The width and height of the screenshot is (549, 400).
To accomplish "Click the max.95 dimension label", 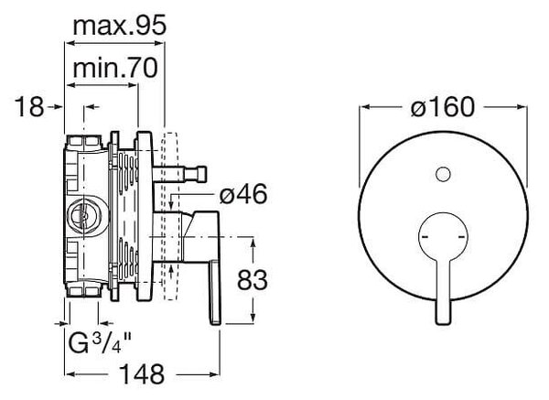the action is pos(119,26).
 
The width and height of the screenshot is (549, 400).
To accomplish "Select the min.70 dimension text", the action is pos(115,69).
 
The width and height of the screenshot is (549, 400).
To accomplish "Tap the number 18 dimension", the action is pos(29,107).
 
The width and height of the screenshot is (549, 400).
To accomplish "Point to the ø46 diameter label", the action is pos(243,194).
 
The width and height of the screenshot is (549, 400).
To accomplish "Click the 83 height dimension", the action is pos(253,280).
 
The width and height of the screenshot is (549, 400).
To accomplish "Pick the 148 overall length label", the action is pos(142,373).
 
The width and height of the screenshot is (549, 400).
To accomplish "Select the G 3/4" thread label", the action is pos(100,343).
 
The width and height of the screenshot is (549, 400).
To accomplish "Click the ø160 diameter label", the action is pos(443,107).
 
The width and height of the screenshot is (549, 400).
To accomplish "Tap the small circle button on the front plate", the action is pos(443,174).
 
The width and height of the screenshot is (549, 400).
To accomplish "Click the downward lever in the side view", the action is pos(215,292).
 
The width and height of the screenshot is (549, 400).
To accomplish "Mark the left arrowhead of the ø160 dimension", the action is pos(365,107).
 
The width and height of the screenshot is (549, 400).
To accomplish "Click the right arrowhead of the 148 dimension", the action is pos(214,374).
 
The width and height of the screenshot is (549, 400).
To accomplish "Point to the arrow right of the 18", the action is pos(55,107).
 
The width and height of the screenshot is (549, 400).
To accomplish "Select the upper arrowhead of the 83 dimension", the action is pos(253,243).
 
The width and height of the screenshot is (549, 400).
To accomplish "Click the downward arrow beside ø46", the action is pos(170,202).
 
